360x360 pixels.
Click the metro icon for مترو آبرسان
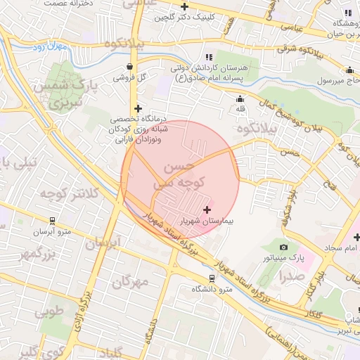point(52,219)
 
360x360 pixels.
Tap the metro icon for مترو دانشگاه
point(212,278)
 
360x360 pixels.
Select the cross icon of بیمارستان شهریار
point(207,210)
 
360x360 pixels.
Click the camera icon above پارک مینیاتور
point(283,247)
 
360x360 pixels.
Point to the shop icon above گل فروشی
point(129,67)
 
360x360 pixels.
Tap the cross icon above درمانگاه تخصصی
point(138,108)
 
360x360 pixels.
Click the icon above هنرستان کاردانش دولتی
point(208,57)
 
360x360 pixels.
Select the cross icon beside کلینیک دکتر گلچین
point(184,6)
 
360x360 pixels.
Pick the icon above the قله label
point(240,98)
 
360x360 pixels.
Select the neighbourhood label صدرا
point(290,276)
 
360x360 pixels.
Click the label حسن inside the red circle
point(177,168)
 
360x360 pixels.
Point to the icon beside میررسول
point(349,70)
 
